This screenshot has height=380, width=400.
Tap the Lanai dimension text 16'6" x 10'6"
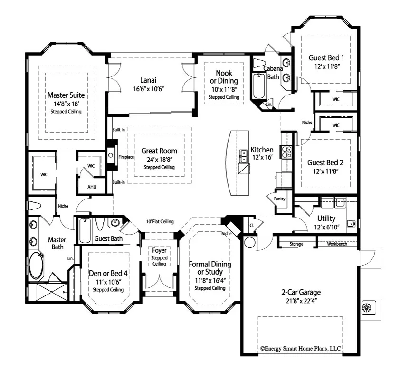click(149, 89)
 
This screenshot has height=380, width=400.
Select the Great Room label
click(159, 151)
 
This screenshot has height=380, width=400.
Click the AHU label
click(92, 187)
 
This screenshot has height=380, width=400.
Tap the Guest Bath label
click(107, 238)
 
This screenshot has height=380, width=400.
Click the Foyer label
click(159, 250)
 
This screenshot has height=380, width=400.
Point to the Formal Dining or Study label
click(210, 268)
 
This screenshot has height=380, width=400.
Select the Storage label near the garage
click(297, 244)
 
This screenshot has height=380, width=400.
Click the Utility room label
click(326, 218)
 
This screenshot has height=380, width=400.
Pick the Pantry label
click(280, 199)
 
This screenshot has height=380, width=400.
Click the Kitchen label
click(262, 150)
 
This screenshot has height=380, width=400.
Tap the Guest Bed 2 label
click(325, 161)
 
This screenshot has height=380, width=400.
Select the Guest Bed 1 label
click(326, 57)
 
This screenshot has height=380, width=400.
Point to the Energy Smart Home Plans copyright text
click(300, 348)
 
